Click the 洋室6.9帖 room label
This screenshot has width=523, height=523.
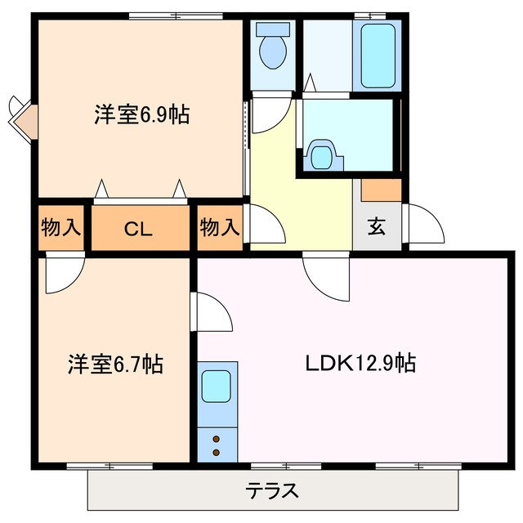pyautogui.click(x=141, y=115)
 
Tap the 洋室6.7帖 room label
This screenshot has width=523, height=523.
pyautogui.click(x=115, y=364)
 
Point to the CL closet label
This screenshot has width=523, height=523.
pyautogui.click(x=139, y=229)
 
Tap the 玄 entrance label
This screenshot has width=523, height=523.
pyautogui.click(x=376, y=228)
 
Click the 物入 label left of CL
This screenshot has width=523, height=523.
pyautogui.click(x=61, y=228)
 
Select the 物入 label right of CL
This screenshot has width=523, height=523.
pyautogui.click(x=220, y=228)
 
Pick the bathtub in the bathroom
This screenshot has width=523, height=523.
pyautogui.click(x=376, y=56)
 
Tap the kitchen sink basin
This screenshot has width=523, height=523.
pyautogui.click(x=217, y=386)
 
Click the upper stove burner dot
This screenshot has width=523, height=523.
pyautogui.click(x=217, y=440)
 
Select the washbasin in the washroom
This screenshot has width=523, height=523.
pyautogui.click(x=324, y=154)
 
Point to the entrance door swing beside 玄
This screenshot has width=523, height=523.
pyautogui.click(x=425, y=223)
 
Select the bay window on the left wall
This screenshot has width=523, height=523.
pyautogui.click(x=23, y=116)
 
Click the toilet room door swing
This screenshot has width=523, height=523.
pyautogui.click(x=270, y=110)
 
